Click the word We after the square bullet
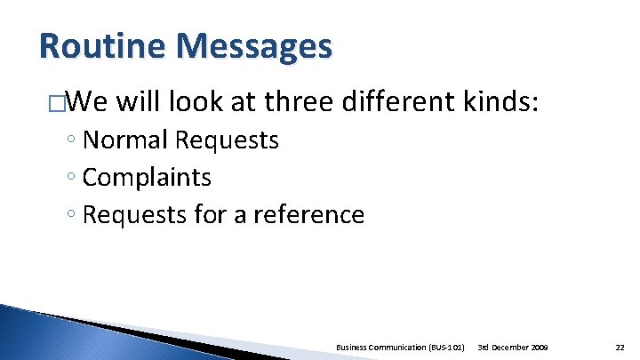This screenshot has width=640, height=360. click(x=85, y=103)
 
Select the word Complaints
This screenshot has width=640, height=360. click(x=147, y=178)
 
